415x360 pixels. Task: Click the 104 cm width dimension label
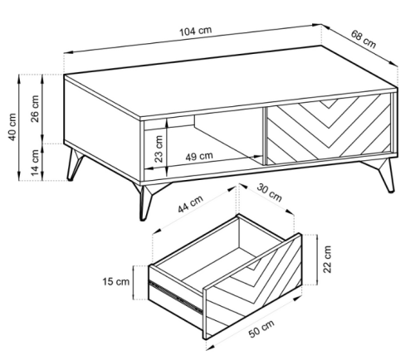pyautogui.click(x=196, y=31)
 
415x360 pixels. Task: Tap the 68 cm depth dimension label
pyautogui.click(x=364, y=39)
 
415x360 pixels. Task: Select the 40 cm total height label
pyautogui.click(x=12, y=127)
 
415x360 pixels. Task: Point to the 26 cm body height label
pyautogui.click(x=35, y=109)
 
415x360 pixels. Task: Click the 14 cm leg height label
pyautogui.click(x=35, y=163)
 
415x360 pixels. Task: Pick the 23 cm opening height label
pyautogui.click(x=159, y=148)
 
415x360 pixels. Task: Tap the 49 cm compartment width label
pyautogui.click(x=199, y=156)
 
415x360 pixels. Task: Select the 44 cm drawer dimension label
pyautogui.click(x=190, y=204)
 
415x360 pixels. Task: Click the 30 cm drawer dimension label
pyautogui.click(x=270, y=192)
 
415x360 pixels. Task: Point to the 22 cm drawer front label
pyautogui.click(x=327, y=259)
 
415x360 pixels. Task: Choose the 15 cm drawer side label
pyautogui.click(x=116, y=282)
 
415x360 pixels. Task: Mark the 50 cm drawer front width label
pyautogui.click(x=261, y=328)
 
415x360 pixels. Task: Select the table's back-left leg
pyautogui.click(x=74, y=165)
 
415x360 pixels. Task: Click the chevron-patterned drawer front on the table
pyautogui.click(x=329, y=129)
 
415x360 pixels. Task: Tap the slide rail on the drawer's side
pyautogui.click(x=176, y=296)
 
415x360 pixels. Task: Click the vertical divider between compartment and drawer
pyautogui.click(x=265, y=136)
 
